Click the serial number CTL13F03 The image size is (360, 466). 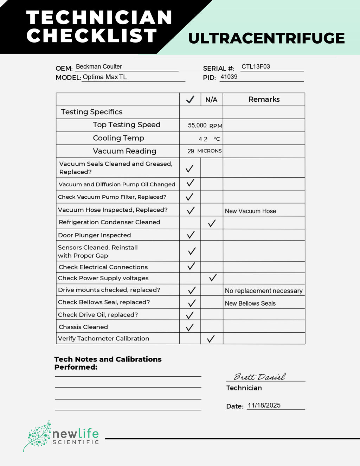coord(256,66)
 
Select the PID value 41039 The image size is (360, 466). coord(229,77)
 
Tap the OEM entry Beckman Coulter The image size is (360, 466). coord(99,66)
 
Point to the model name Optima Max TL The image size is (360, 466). coord(104,77)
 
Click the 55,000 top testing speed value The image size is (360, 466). coord(197,125)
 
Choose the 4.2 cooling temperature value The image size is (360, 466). coord(203,139)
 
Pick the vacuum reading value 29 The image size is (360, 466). coord(191,151)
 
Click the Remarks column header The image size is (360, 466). coord(264,99)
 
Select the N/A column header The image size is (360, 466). coord(211,100)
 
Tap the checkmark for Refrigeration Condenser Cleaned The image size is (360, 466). coord(212,223)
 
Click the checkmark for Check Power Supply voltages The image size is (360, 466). coord(213,278)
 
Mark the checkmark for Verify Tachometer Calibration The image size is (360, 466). coord(211,339)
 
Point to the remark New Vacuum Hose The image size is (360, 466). coord(250,211)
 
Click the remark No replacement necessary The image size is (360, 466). coord(264,291)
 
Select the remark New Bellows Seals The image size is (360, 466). coord(250,303)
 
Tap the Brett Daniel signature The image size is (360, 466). coord(260,377)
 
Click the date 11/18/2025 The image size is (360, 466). coord(264,405)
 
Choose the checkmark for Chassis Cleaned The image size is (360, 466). coord(190,327)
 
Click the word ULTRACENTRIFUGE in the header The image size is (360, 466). coord(266,38)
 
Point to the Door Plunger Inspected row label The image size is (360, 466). coord(94,235)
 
